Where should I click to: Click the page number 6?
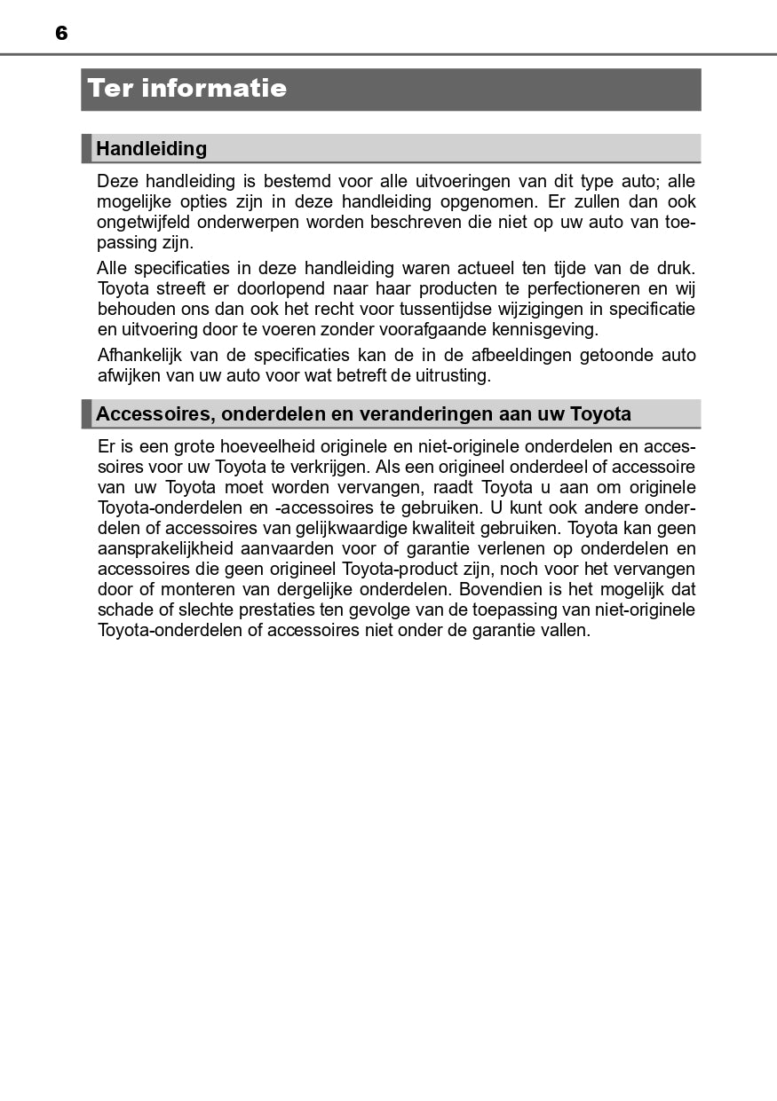coord(61,34)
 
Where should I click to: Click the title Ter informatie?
coord(187,89)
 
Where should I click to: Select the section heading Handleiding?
coord(151,148)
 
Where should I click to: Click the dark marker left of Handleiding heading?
coord(86,148)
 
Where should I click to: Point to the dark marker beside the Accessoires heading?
coord(86,414)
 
